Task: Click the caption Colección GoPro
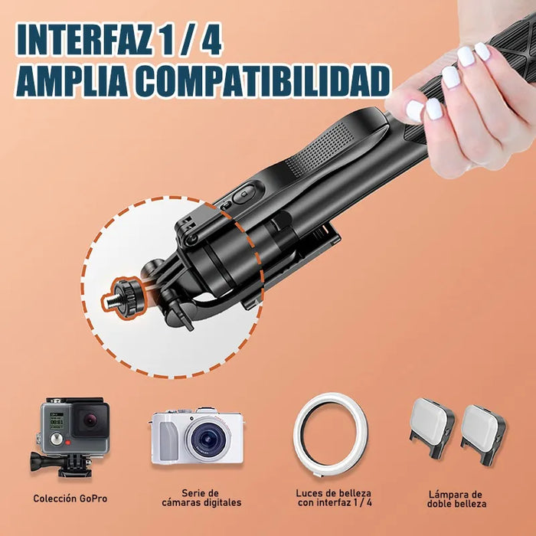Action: point(70,498)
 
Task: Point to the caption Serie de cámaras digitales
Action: point(201,498)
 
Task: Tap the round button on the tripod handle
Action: point(243,195)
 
